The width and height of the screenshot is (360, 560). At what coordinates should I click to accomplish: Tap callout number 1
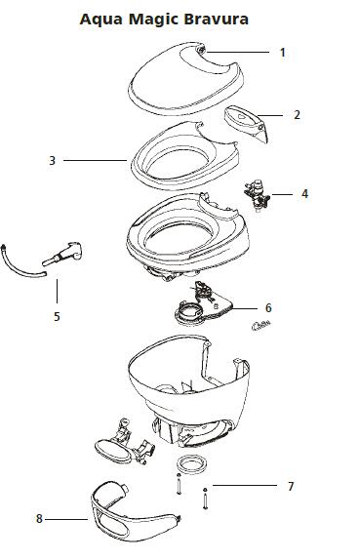[x=283, y=53]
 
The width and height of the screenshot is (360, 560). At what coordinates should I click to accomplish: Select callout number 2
[x=297, y=115]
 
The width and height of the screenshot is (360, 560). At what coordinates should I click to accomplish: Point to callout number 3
[x=52, y=161]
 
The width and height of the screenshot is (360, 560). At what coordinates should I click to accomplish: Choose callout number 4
[x=304, y=194]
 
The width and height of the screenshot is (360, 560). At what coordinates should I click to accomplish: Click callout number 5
[x=57, y=316]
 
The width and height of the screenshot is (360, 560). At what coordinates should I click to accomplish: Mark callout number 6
[x=268, y=308]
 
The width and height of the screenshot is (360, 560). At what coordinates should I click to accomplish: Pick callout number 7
[x=291, y=487]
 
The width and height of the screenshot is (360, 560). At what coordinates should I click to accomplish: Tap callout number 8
[x=39, y=519]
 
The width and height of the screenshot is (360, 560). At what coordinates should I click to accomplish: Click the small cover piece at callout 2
[x=246, y=123]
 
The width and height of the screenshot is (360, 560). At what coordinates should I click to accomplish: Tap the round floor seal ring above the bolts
[x=191, y=464]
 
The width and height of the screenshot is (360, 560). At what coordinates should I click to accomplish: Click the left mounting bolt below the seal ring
[x=179, y=484]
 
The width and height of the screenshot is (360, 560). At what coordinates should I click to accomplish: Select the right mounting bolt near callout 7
[x=205, y=499]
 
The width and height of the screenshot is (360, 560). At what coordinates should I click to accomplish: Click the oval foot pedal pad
[x=113, y=452]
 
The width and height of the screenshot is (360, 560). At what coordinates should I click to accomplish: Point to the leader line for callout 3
[x=95, y=161]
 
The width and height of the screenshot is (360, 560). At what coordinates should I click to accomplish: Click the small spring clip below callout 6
[x=261, y=325]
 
